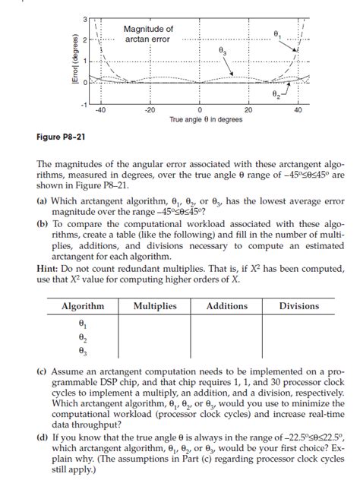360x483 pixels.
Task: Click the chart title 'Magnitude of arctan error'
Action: click(x=148, y=34)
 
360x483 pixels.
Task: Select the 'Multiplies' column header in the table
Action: click(x=155, y=306)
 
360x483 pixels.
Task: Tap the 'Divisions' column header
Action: click(x=298, y=306)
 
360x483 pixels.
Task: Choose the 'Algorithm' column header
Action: click(x=83, y=306)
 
